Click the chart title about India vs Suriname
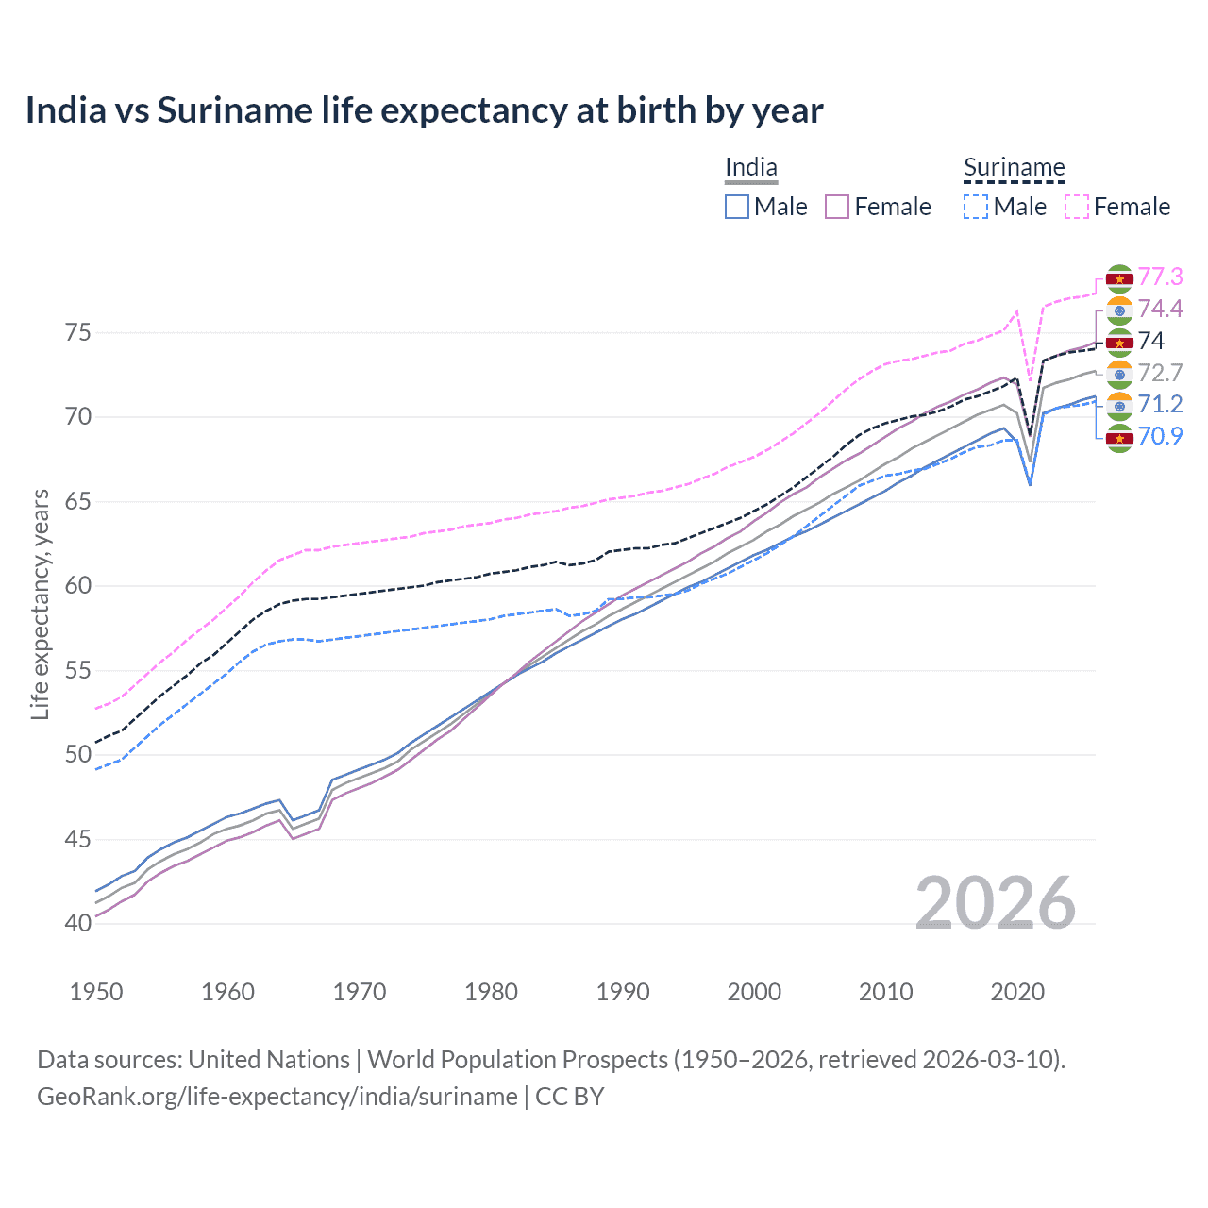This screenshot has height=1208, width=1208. tap(424, 110)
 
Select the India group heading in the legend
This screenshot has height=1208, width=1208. tap(750, 168)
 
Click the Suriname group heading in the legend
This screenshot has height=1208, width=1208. tap(1014, 168)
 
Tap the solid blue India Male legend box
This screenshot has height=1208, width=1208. tap(737, 207)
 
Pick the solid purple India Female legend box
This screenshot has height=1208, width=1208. tap(837, 207)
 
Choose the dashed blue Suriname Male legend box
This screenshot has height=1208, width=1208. tap(976, 207)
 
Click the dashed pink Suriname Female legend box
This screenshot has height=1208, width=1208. tap(1077, 207)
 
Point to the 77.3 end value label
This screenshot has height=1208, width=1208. tap(1160, 277)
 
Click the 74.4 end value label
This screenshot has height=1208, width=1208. tap(1160, 309)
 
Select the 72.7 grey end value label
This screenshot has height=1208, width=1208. tap(1160, 373)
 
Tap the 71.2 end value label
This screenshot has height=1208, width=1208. tap(1160, 404)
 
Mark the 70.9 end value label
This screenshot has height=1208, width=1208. tap(1160, 436)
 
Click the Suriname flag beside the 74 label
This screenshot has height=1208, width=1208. tap(1119, 342)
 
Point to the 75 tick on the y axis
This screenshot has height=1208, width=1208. tap(78, 333)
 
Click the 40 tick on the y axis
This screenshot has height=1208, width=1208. tap(78, 923)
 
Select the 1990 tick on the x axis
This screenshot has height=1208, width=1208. tap(623, 992)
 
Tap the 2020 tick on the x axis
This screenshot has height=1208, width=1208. tap(1017, 992)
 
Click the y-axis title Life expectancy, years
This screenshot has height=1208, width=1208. tap(40, 604)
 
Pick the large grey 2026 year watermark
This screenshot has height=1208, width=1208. tap(995, 903)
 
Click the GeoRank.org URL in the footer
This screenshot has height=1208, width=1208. tap(277, 1097)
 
